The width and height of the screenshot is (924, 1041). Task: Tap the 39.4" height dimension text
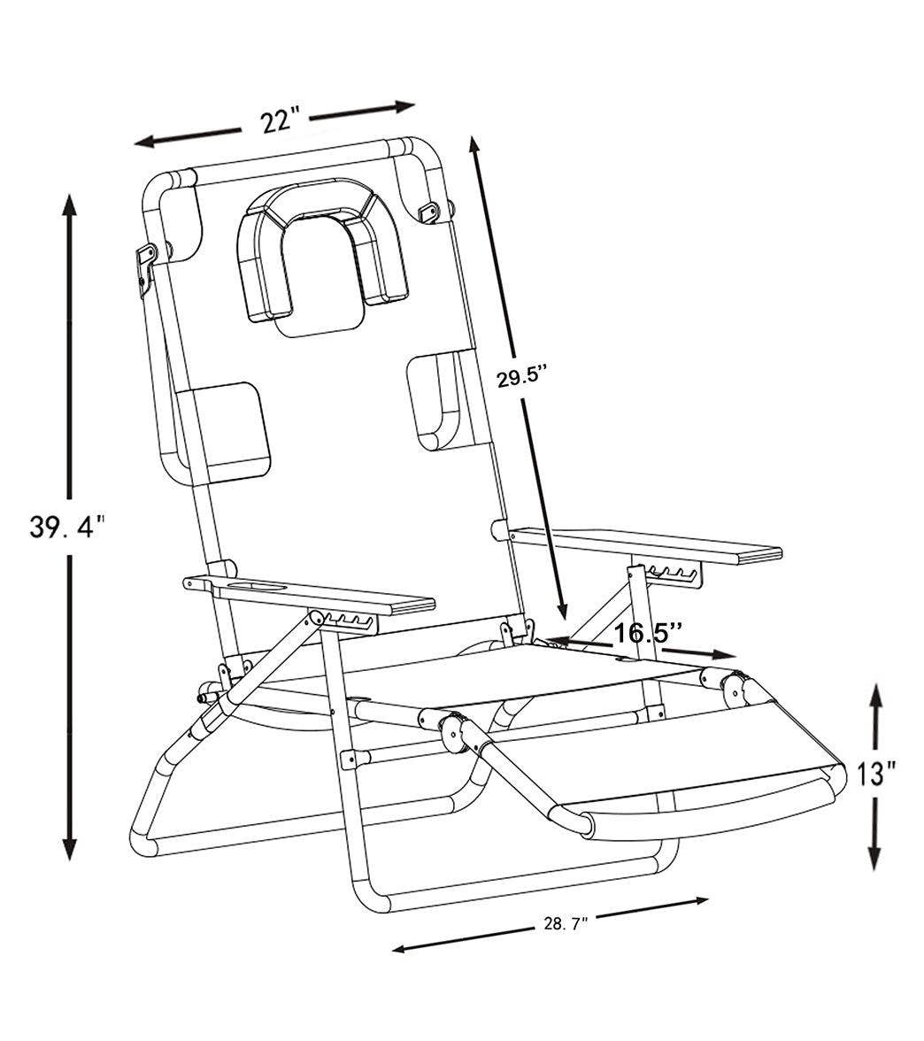pyautogui.click(x=66, y=528)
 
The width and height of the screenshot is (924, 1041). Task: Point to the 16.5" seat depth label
pyautogui.click(x=648, y=632)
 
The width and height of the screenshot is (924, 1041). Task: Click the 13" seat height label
pyautogui.click(x=875, y=774)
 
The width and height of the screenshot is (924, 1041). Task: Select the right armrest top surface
pyautogui.click(x=646, y=544)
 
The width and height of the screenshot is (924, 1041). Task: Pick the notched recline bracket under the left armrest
pyautogui.click(x=350, y=621)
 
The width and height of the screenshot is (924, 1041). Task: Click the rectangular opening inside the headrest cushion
pyautogui.click(x=318, y=274)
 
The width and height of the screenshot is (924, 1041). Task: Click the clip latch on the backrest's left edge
pyautogui.click(x=145, y=266)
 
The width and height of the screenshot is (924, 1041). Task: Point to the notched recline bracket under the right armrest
pyautogui.click(x=673, y=574)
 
